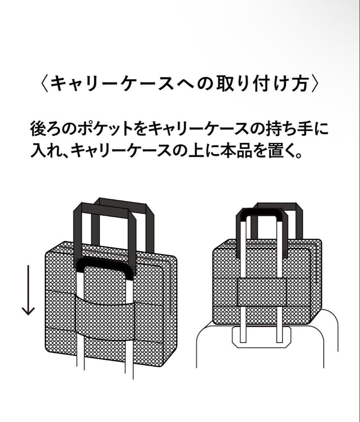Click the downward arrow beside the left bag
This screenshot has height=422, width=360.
(x=28, y=290)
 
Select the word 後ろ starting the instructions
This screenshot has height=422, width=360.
(x=46, y=129)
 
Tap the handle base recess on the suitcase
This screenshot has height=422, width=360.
(x=261, y=337)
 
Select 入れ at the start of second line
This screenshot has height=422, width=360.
(x=46, y=151)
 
